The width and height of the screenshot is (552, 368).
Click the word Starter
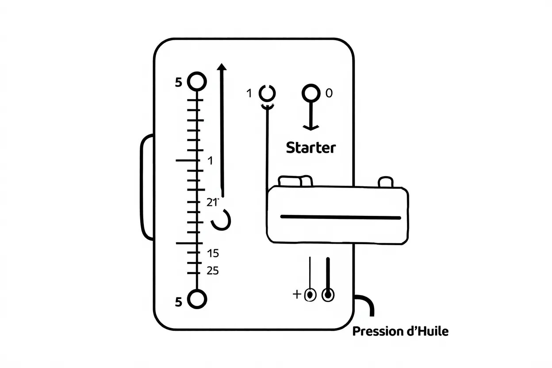(x=311, y=148)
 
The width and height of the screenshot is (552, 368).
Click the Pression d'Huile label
(x=400, y=331)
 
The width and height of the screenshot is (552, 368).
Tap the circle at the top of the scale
(x=197, y=81)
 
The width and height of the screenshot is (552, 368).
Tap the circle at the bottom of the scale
(x=197, y=299)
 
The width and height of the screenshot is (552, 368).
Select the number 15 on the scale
(x=213, y=253)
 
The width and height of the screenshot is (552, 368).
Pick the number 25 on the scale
(x=213, y=271)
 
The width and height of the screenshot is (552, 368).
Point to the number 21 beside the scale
(x=212, y=203)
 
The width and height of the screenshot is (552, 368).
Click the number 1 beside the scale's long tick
(x=210, y=161)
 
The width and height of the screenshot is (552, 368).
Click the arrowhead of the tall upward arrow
(x=222, y=67)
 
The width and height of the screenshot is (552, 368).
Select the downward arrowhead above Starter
(x=311, y=128)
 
